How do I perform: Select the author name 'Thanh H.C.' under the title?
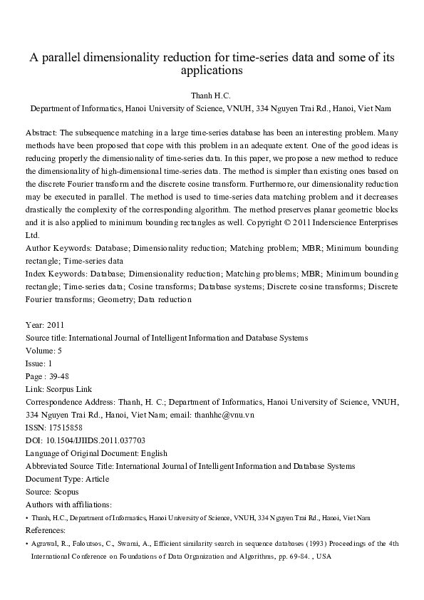coord(212,95)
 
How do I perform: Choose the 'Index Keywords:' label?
coord(55,274)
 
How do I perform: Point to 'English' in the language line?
coord(153,452)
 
